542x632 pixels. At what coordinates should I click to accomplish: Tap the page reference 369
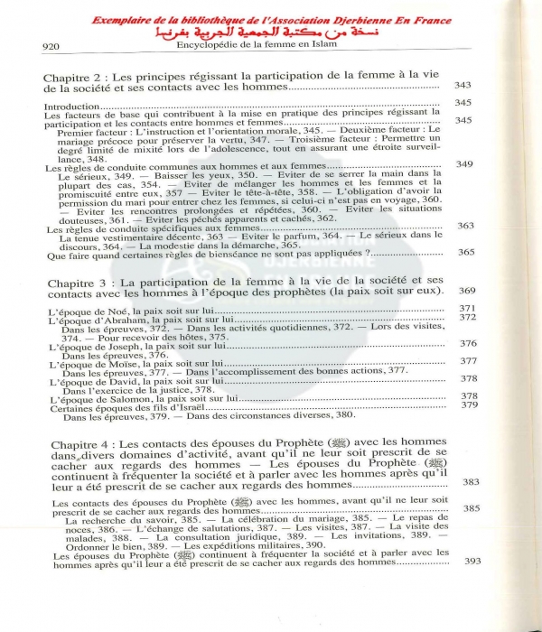click(x=466, y=291)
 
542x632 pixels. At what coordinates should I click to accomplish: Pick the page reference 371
click(x=467, y=310)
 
